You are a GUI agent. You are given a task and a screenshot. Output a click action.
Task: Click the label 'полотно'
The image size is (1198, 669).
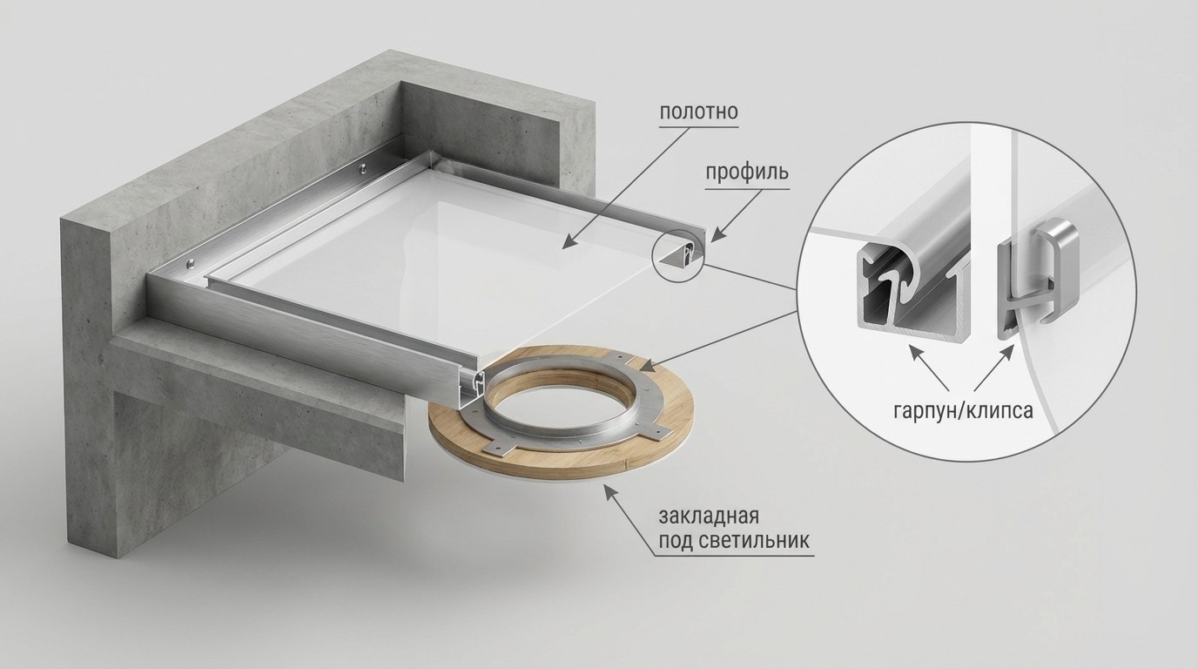pyautogui.click(x=698, y=111)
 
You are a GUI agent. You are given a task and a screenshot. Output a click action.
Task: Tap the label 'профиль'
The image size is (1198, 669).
pyautogui.click(x=747, y=172)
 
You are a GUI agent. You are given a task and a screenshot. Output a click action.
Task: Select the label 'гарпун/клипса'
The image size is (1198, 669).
pyautogui.click(x=963, y=411)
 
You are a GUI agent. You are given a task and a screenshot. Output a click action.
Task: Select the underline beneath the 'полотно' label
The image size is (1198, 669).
pyautogui.click(x=698, y=127)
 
